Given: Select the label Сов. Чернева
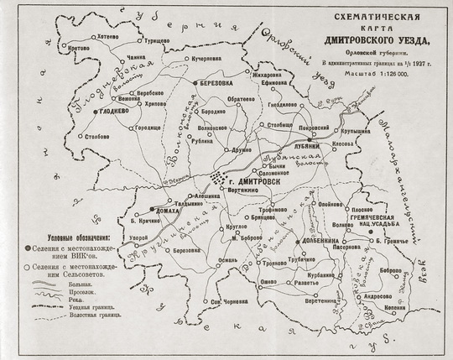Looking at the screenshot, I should (x=229, y=302).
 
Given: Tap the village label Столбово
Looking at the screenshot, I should (x=99, y=135).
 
